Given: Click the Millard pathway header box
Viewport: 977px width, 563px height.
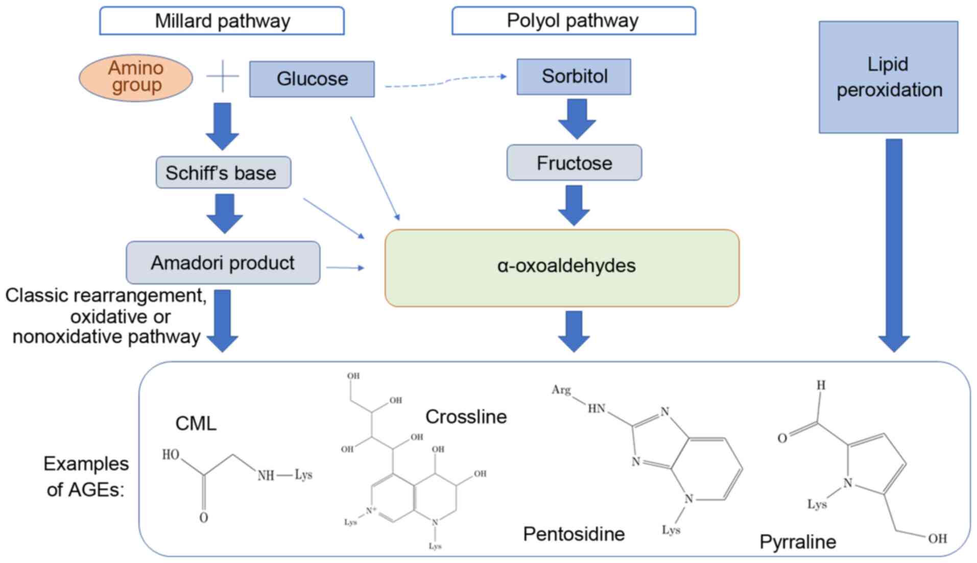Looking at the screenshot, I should (222, 21).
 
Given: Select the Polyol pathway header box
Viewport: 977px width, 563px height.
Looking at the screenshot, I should (573, 21).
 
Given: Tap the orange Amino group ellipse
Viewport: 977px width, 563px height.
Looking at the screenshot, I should (136, 78).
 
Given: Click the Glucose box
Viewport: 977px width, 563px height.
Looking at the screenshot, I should (312, 79).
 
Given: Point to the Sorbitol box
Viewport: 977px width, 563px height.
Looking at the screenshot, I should (574, 77).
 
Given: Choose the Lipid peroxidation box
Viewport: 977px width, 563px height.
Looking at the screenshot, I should (888, 77).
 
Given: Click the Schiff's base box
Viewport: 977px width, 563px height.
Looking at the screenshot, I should (223, 173).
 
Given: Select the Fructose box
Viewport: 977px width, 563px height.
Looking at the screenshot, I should (574, 163).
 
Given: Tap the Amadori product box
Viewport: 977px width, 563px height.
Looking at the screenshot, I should (223, 263).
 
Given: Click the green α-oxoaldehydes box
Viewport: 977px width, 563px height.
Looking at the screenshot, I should (562, 267).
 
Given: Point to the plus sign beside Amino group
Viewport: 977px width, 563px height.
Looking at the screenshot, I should (223, 77).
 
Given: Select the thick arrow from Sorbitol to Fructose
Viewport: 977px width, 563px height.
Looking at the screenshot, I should (577, 118).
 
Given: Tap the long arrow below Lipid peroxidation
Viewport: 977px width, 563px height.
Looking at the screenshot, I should (894, 245).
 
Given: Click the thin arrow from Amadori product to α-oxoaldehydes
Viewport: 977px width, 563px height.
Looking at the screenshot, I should (345, 267).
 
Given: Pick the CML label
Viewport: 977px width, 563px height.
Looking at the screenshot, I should (196, 423).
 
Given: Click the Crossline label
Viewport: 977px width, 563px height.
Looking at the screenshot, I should (466, 417).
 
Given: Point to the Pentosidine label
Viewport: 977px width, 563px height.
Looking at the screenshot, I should (574, 534).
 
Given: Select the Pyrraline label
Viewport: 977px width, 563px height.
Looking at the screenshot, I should (797, 542).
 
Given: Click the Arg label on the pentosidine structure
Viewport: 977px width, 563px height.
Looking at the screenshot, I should (561, 390).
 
